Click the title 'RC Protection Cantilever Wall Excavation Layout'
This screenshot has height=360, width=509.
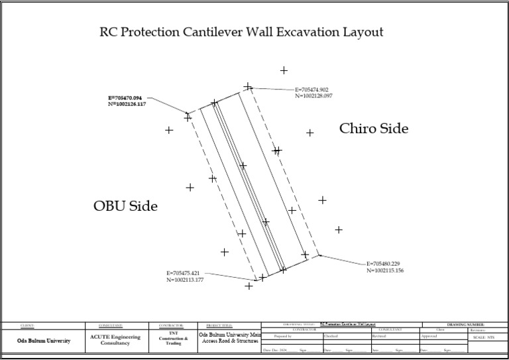(x=241, y=32)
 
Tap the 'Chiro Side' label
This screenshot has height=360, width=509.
(x=374, y=129)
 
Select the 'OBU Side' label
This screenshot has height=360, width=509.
(x=126, y=206)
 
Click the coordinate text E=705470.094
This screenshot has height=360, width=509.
(x=127, y=98)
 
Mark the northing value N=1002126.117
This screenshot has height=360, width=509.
(x=127, y=105)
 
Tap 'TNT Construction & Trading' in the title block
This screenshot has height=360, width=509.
(x=174, y=339)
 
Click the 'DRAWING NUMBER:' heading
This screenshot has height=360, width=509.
(x=466, y=324)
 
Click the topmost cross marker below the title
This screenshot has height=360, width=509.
(x=284, y=70)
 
